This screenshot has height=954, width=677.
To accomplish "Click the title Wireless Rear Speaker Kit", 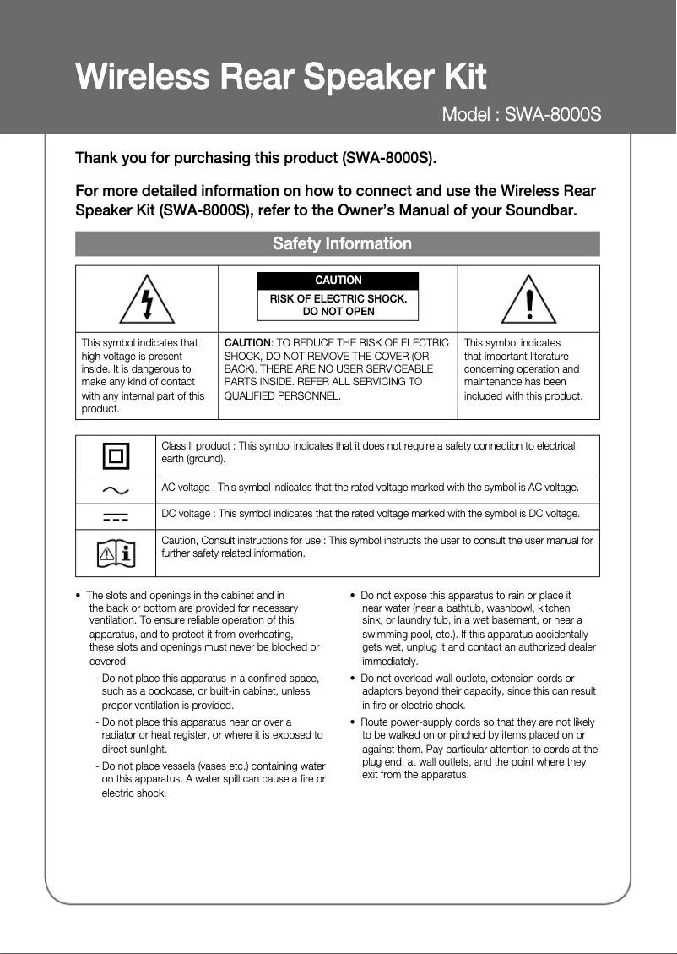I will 280,77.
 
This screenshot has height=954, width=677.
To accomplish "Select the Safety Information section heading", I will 342,243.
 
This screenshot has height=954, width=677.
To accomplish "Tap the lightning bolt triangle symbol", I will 147,300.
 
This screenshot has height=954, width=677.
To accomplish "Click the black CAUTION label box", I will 338,281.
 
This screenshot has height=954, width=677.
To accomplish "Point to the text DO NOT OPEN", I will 338,311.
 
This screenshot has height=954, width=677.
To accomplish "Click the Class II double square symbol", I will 116,457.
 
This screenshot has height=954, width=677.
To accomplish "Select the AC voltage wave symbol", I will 116,489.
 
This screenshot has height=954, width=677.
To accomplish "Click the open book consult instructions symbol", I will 116,553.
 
